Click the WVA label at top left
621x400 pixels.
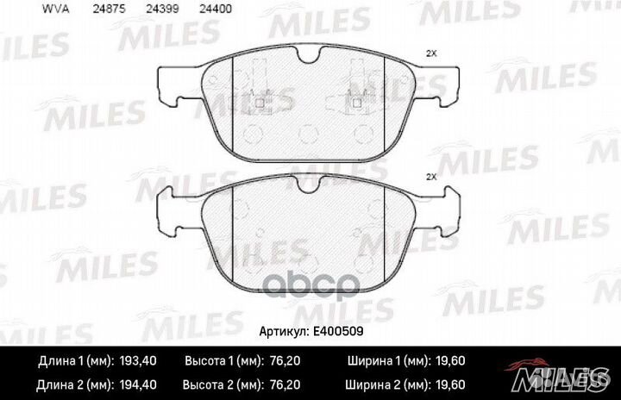pos(55,9)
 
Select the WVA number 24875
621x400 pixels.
pos(109,9)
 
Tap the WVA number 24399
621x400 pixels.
pos(162,9)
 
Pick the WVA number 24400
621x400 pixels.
pos(216,9)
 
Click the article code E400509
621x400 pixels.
pos(338,331)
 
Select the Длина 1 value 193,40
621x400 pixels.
pos(138,361)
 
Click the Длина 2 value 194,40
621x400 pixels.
pos(138,384)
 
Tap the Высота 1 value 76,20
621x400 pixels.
pos(285,361)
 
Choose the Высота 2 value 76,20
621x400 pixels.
pos(285,384)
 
